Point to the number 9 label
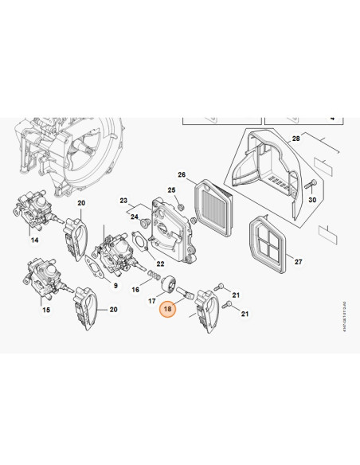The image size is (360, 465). (x=115, y=286)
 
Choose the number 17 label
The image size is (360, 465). (x=151, y=301)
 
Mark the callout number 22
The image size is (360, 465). (x=160, y=264)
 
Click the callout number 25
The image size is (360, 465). (x=171, y=190)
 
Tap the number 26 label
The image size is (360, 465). (x=182, y=174)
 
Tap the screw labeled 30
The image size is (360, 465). (x=306, y=185)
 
